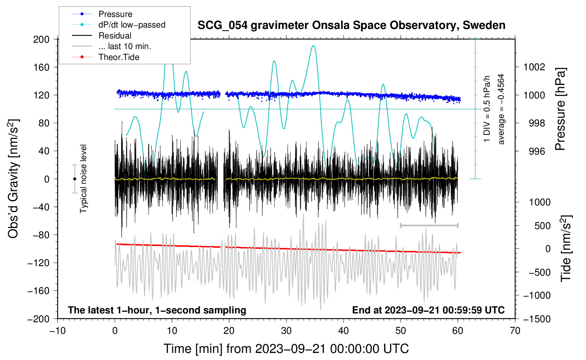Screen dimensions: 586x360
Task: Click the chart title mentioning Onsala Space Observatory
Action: pyautogui.click(x=351, y=25)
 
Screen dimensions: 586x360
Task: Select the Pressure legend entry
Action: pyautogui.click(x=102, y=14)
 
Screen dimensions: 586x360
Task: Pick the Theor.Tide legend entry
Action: pyautogui.click(x=106, y=57)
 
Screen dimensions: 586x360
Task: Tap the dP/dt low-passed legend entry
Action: pyautogui.click(x=119, y=25)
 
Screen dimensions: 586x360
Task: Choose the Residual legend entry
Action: pyautogui.click(x=102, y=36)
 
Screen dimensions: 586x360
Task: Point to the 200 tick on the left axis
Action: pyautogui.click(x=41, y=40)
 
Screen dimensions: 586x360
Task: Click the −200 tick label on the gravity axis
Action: pyautogui.click(x=39, y=319)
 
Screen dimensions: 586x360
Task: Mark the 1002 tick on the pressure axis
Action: pyautogui.click(x=534, y=67)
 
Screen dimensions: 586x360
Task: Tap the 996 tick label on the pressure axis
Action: pyautogui.click(x=537, y=151)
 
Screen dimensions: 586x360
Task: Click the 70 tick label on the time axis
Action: pyautogui.click(x=515, y=331)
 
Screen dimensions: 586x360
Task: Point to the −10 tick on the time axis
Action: pyautogui.click(x=58, y=331)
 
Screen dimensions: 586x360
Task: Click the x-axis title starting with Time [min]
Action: pyautogui.click(x=286, y=349)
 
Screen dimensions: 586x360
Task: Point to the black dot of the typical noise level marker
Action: pyautogui.click(x=74, y=179)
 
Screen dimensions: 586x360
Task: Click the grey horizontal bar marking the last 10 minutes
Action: pyautogui.click(x=429, y=225)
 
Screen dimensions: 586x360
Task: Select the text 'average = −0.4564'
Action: pyautogui.click(x=501, y=109)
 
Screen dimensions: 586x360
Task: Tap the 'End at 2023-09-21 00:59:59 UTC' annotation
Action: pyautogui.click(x=428, y=310)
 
